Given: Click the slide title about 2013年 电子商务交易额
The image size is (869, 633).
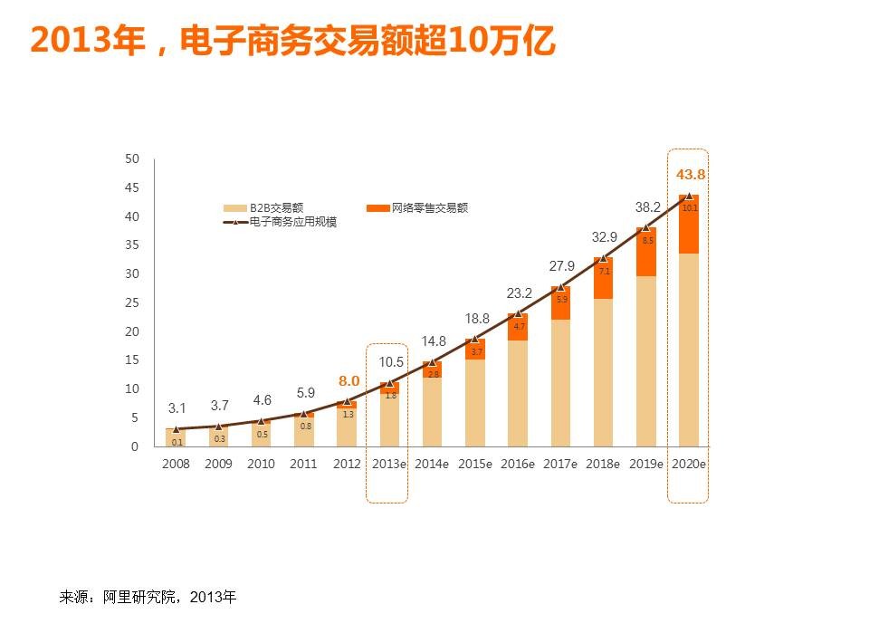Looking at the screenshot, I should click(292, 41).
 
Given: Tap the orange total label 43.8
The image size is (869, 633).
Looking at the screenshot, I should click(690, 174).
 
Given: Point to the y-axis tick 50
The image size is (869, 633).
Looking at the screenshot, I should click(132, 159).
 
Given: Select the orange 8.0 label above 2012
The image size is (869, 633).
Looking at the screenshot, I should click(349, 381).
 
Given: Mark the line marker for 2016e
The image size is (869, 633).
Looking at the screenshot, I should click(518, 313).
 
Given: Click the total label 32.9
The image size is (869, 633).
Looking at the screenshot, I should click(604, 237).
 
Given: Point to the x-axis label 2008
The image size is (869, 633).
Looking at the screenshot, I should click(176, 464).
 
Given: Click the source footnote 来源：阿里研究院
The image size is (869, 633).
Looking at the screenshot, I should click(148, 598).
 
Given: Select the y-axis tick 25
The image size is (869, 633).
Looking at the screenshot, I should click(132, 303).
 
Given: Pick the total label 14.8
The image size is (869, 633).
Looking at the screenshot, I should click(434, 341).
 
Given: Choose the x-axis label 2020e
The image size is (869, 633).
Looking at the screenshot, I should click(688, 464).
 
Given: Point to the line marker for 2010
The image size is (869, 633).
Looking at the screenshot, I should click(262, 420).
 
